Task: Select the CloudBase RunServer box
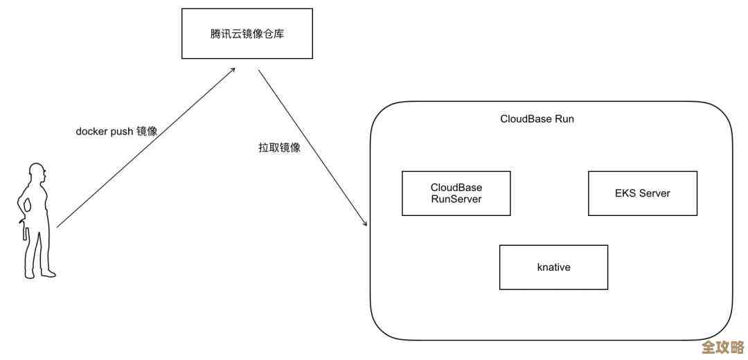(456, 193)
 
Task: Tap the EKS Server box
(642, 193)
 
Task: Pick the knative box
(553, 267)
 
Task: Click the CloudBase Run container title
(537, 119)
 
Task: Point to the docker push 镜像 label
(116, 131)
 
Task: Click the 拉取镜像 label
(279, 147)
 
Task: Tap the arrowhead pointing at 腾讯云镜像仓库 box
(233, 71)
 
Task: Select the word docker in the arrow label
(91, 131)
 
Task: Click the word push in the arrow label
(122, 131)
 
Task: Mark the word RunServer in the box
(456, 199)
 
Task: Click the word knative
(553, 267)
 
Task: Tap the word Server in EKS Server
(654, 193)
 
